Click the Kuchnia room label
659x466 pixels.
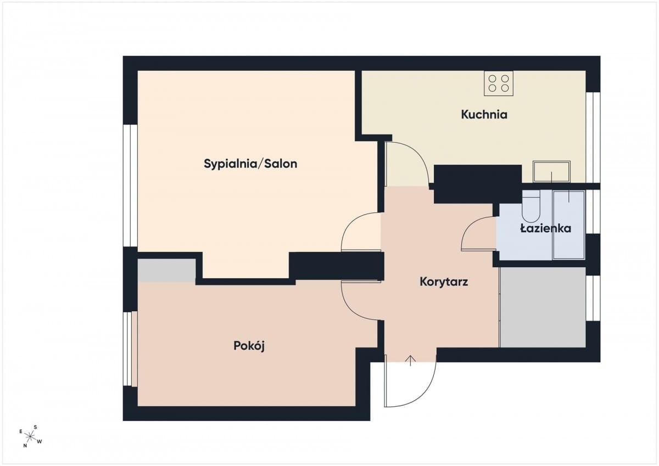pyautogui.click(x=484, y=115)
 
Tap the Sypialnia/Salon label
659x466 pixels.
pyautogui.click(x=250, y=164)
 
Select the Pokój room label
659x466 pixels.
pyautogui.click(x=249, y=346)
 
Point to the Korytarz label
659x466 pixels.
pyautogui.click(x=444, y=282)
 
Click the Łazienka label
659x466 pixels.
pyautogui.click(x=546, y=228)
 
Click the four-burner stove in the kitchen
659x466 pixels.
pyautogui.click(x=499, y=83)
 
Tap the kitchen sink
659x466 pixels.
pyautogui.click(x=551, y=171)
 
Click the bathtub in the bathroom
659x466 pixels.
pyautogui.click(x=569, y=225)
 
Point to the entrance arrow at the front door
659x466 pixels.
pyautogui.click(x=410, y=361)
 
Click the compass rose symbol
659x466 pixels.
pyautogui.click(x=30, y=437)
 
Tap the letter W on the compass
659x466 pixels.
pyautogui.click(x=40, y=441)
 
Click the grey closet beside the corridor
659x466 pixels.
pyautogui.click(x=543, y=307)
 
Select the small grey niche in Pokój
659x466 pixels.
pyautogui.click(x=166, y=270)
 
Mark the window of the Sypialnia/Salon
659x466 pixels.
pyautogui.click(x=130, y=186)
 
